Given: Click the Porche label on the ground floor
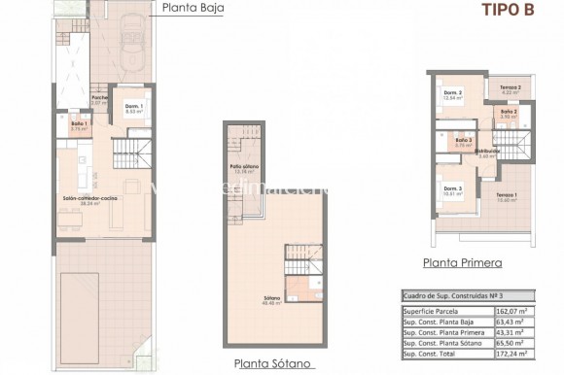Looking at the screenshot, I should tap(98, 99).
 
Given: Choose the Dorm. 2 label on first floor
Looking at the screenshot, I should tap(451, 95).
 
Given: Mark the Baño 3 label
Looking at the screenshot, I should tap(464, 142).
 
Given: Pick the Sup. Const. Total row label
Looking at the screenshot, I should tap(440, 358).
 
